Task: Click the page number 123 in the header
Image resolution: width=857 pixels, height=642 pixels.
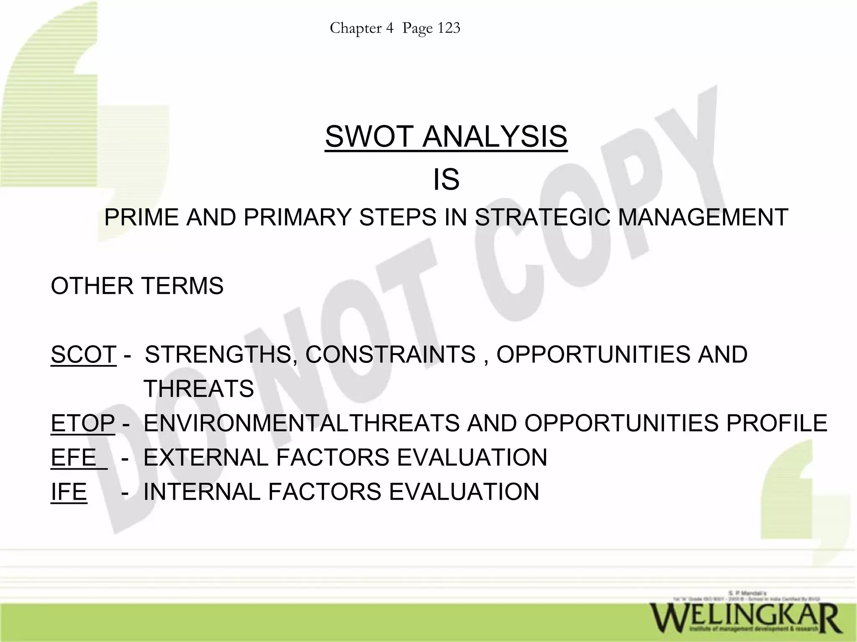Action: (449, 28)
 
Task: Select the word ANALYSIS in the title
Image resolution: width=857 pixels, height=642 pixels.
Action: (495, 136)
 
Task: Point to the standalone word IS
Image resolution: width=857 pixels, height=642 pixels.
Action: (446, 180)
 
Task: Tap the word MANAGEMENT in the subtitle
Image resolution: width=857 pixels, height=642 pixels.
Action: (703, 218)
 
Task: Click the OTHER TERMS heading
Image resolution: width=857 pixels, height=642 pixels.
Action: (137, 286)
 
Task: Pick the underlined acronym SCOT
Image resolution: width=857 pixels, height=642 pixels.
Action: (83, 354)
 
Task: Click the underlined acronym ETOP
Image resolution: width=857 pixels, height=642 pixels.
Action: (82, 423)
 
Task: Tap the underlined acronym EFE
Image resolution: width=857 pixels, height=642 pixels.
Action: (74, 457)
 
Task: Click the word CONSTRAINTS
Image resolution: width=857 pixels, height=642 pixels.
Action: (390, 354)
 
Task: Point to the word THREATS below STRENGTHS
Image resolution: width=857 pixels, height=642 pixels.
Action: (199, 389)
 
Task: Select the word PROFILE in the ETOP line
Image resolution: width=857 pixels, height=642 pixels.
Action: (777, 423)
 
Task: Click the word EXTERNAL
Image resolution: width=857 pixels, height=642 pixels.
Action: (205, 457)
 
